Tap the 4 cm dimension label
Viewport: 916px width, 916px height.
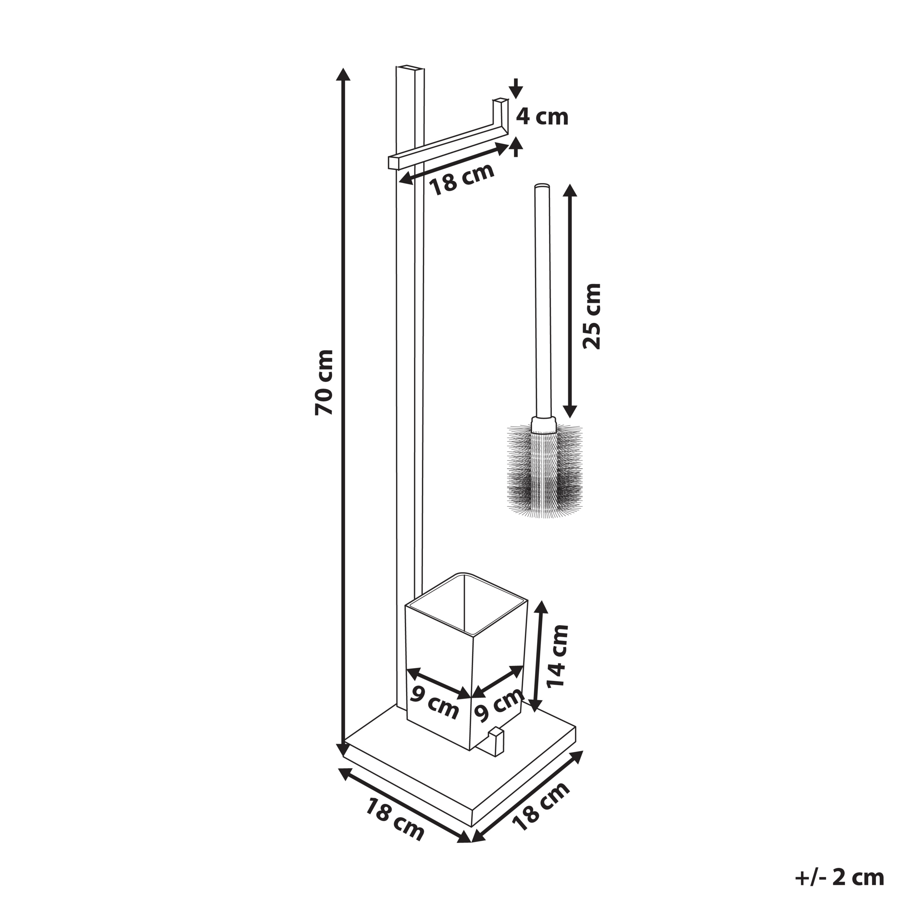click(x=542, y=117)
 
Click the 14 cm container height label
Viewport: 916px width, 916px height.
click(x=557, y=656)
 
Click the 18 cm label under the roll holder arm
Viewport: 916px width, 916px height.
click(x=461, y=179)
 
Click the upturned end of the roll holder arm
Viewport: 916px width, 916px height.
click(x=500, y=114)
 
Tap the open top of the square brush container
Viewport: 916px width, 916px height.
click(x=467, y=603)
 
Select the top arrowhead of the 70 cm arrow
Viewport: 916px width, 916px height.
click(x=343, y=74)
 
